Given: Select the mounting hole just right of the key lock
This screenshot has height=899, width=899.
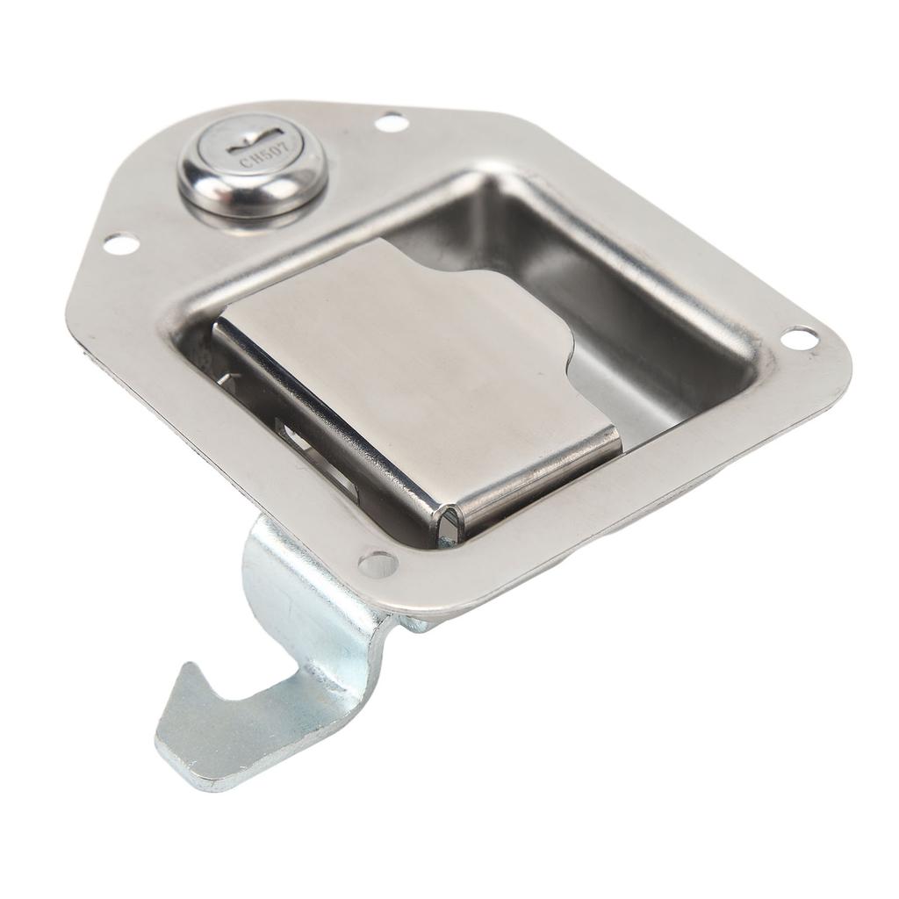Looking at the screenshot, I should point(393,122).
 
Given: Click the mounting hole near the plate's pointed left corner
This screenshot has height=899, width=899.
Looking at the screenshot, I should point(121,243).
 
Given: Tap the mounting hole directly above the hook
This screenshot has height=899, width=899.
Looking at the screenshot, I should point(378,563).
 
